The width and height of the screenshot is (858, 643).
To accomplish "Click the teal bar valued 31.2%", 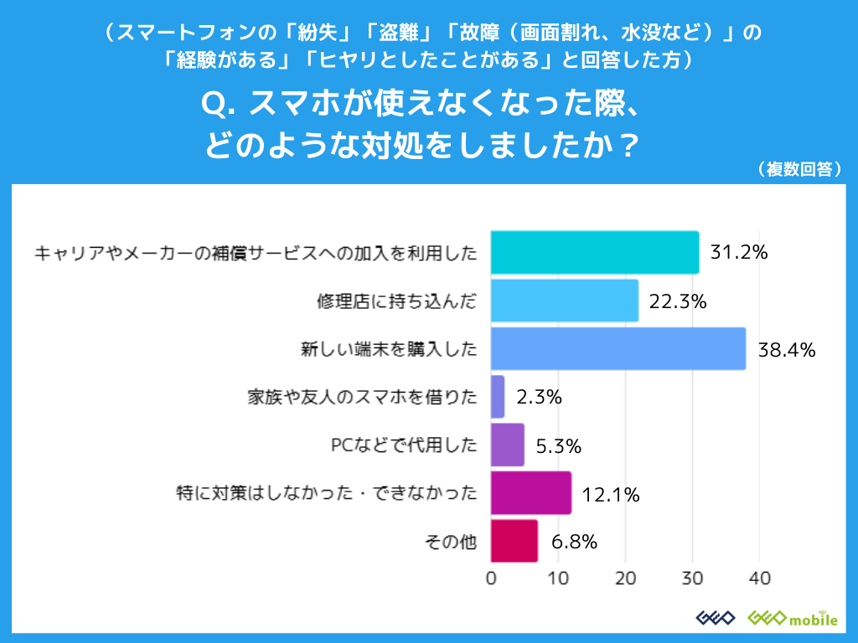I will click(594, 252).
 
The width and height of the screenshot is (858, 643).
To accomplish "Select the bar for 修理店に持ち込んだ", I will click(564, 301).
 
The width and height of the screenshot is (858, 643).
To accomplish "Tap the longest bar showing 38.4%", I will click(618, 349).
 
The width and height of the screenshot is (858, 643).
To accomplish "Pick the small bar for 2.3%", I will click(498, 397).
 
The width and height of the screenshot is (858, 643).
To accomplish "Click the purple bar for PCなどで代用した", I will click(508, 445).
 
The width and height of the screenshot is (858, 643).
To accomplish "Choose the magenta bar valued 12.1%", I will click(530, 493).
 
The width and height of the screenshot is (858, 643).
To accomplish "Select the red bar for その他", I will click(514, 541).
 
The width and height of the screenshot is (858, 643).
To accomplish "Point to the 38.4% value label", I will click(786, 350).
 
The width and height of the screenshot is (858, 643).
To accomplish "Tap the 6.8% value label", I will click(574, 542).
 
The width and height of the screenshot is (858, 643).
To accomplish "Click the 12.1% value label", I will click(611, 494).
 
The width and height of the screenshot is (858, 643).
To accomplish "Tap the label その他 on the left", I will click(452, 542).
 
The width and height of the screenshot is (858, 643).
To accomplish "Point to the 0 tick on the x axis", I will click(491, 578).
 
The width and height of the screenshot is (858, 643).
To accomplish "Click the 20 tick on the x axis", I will click(625, 578).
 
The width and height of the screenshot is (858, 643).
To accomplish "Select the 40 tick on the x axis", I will click(759, 578).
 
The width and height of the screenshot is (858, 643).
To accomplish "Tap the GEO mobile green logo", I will click(792, 618).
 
